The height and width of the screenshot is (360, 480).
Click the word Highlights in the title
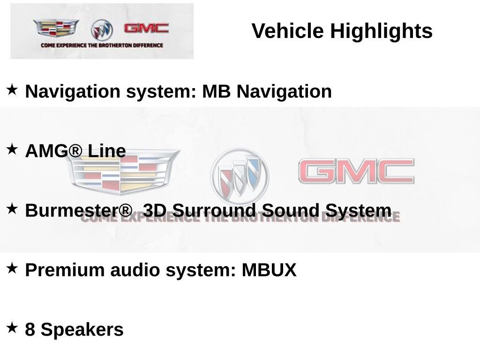(x=381, y=31)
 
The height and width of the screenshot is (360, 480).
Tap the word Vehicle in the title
(x=288, y=31)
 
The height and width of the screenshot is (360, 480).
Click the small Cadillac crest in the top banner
(x=56, y=28)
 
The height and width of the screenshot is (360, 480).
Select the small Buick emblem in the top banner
(x=102, y=30)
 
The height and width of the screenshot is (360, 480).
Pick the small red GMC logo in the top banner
(x=146, y=28)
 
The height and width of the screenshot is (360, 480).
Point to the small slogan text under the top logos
(x=102, y=45)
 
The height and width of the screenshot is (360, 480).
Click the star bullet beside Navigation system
(x=12, y=90)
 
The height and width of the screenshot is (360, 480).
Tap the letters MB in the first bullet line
(x=216, y=91)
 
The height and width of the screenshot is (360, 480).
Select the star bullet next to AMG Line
(x=12, y=149)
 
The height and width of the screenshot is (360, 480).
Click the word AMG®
(x=54, y=151)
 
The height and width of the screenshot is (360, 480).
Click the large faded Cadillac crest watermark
(x=122, y=171)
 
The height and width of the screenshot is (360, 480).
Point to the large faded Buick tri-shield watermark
(x=240, y=177)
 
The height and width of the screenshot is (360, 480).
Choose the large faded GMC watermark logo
(x=356, y=171)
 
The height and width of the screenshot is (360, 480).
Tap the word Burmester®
(x=79, y=210)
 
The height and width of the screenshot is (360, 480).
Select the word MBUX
(x=269, y=270)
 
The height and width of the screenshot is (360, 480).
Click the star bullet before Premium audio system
(x=12, y=268)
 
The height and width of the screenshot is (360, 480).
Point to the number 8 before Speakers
(x=30, y=330)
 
